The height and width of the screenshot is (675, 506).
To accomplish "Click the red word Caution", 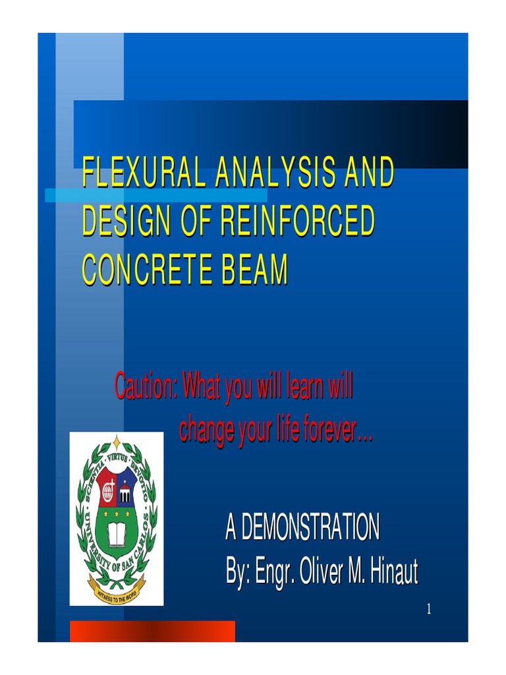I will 144,386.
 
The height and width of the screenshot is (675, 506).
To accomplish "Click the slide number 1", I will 428,609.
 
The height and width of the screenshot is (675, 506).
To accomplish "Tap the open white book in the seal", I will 117,535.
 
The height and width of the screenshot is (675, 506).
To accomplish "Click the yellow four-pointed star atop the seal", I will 117,442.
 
